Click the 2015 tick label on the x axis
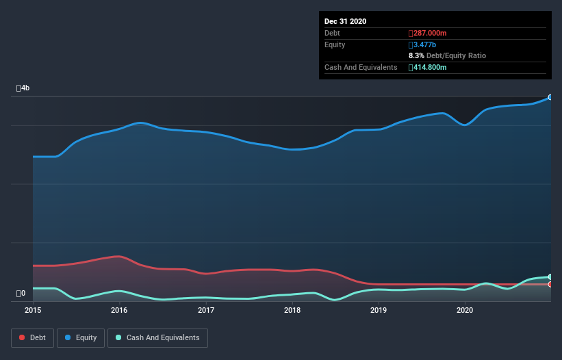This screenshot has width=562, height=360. coord(33,311)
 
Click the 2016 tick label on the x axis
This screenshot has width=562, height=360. coord(119,311)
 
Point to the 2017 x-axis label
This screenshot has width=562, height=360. coord(206,311)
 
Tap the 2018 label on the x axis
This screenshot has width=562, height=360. coord(292,311)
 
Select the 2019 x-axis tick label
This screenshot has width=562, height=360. coord(379,311)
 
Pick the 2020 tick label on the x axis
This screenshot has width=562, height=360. coord(465,311)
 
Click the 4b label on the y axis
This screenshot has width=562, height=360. coord(23,88)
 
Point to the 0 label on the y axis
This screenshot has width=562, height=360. coord(21,294)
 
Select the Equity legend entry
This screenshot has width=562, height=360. coord(81,337)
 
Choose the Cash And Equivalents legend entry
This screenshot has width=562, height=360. coord(157,337)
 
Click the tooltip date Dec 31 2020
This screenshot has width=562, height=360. coord(345,21)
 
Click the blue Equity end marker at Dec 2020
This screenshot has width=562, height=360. coord(550,97)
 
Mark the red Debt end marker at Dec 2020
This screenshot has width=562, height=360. coord(550,284)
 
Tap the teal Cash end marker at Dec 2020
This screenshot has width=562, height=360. coord(550,277)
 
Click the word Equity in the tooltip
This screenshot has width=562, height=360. coord(335,44)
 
